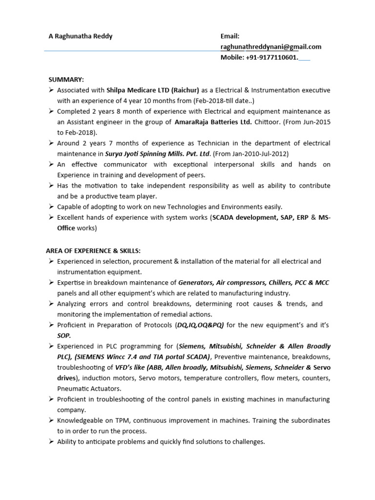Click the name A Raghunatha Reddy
(80, 36)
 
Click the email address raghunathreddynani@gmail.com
(271, 47)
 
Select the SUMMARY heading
(66, 80)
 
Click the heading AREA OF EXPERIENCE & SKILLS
(93, 251)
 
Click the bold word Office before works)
(66, 228)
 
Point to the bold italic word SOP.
(64, 335)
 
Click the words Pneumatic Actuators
(89, 389)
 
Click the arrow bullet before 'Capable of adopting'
(51, 207)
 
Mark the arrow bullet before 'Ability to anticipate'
(51, 442)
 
